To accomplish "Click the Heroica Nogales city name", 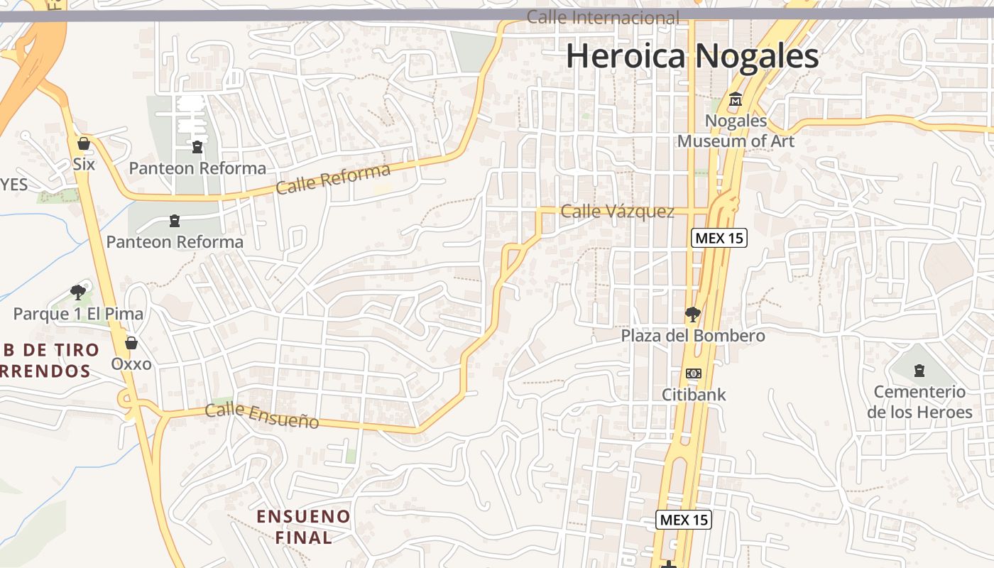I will (692, 56).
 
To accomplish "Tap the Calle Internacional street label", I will (603, 18).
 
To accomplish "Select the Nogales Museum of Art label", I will (736, 131).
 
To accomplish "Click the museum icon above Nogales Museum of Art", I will (736, 100).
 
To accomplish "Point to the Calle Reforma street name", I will (333, 179).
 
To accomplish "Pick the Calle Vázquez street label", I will (617, 211).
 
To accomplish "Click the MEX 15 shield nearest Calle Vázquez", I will (719, 238).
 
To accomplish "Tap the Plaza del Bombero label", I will (693, 335).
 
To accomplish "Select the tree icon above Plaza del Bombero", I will (692, 314).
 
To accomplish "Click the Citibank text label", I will (694, 394).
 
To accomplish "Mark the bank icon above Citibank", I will (694, 373).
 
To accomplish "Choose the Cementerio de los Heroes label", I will (919, 402).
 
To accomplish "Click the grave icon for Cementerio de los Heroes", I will (919, 370).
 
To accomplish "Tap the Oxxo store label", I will (131, 364).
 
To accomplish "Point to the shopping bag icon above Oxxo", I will (131, 344).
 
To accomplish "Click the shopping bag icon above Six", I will (84, 144).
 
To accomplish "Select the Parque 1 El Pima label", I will (78, 313).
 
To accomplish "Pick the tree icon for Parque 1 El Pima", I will (78, 292).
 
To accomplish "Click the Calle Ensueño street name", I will (262, 415).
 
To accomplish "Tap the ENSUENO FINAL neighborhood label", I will (303, 526).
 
